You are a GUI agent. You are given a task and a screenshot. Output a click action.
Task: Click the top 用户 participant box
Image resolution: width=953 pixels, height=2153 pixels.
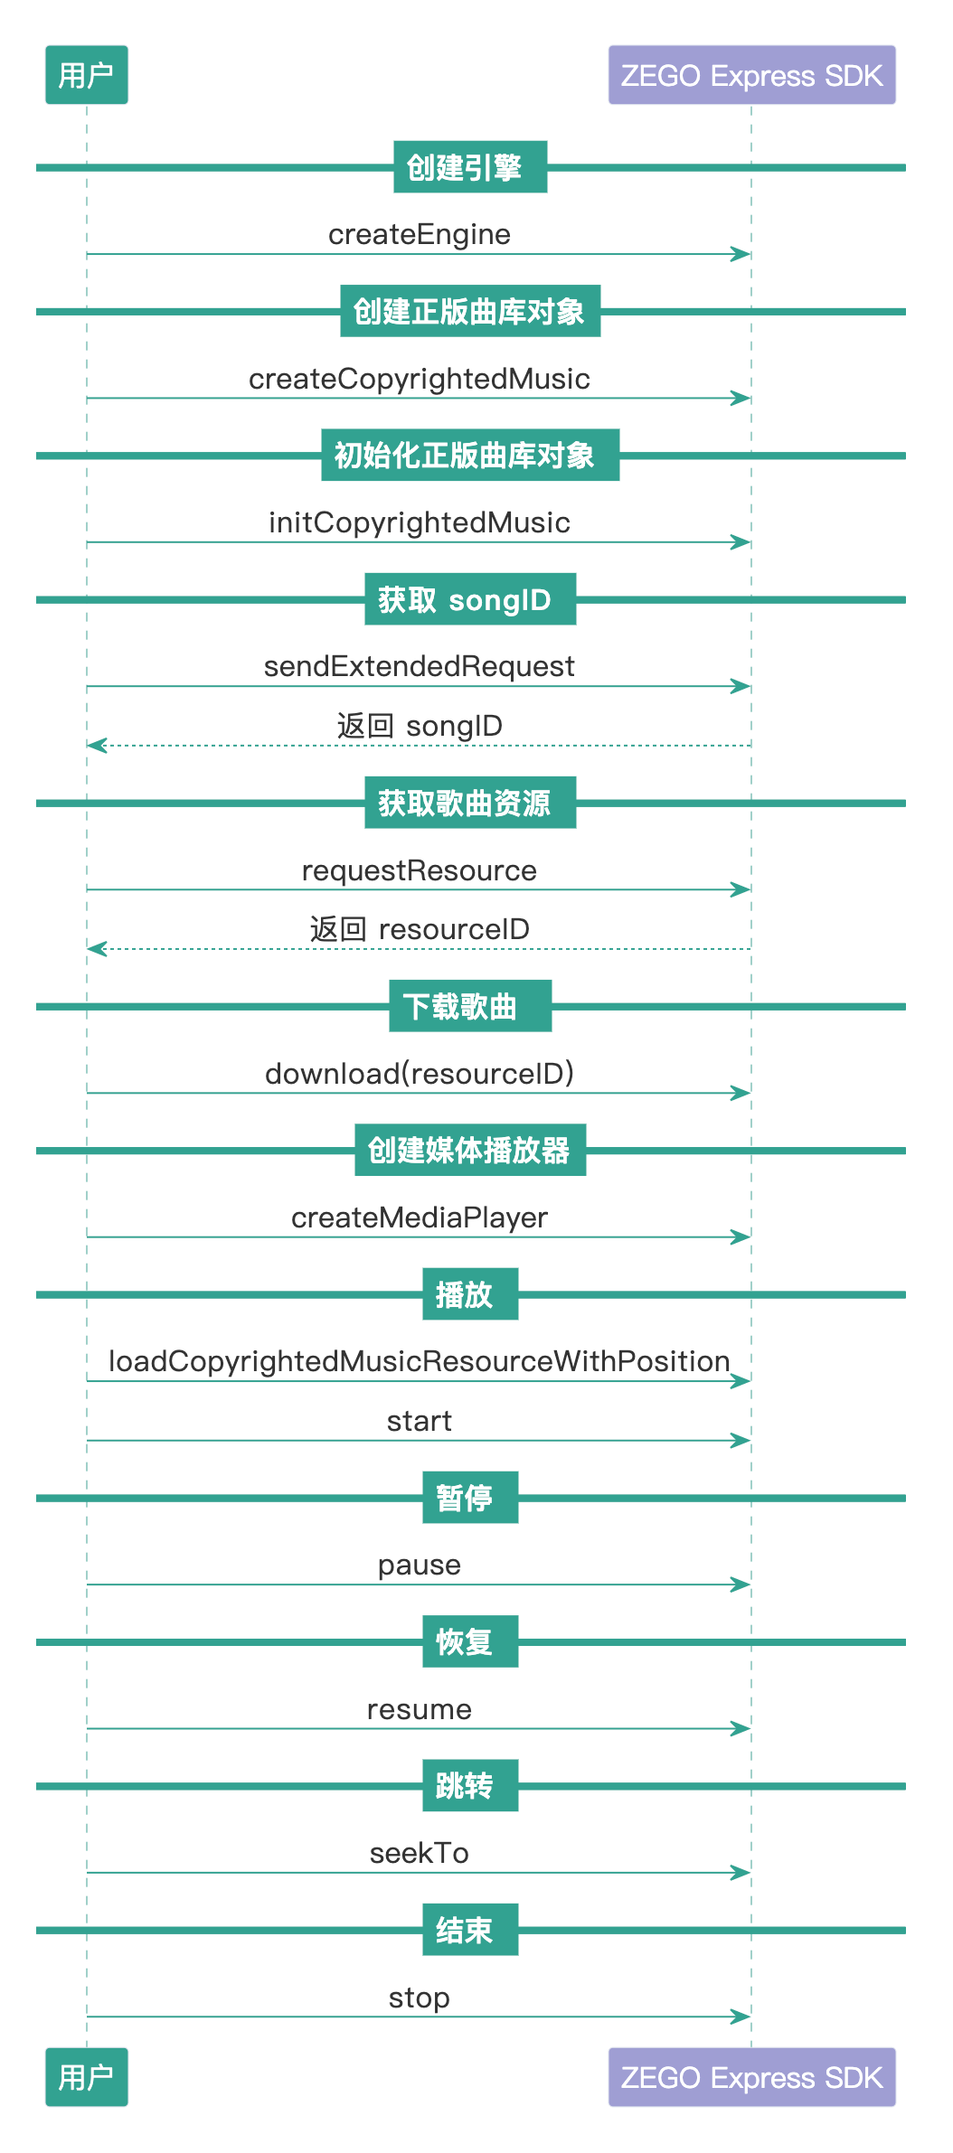pos(87,75)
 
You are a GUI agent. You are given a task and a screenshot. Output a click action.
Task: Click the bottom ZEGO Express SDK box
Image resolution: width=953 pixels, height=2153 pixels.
pos(751,2077)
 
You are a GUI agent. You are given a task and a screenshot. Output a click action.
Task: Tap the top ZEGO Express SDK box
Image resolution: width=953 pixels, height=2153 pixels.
pos(751,75)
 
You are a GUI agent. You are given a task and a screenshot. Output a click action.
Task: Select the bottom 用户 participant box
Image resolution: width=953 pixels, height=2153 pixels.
pos(87,2077)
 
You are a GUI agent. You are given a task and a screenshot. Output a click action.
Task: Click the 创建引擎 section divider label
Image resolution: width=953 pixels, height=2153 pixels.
pos(470,167)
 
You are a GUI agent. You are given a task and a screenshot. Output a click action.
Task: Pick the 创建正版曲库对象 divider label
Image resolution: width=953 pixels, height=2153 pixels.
pos(470,311)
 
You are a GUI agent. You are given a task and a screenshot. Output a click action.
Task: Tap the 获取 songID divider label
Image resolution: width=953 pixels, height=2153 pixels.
pos(470,599)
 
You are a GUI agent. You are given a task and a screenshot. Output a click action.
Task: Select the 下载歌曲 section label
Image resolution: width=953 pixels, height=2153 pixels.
pos(470,1006)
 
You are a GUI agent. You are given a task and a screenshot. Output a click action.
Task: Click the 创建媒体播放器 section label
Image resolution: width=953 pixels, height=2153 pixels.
pos(470,1150)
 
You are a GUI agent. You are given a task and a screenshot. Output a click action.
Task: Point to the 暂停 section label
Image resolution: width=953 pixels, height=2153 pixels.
pos(470,1498)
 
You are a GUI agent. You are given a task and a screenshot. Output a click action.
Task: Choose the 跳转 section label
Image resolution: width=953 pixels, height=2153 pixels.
pos(470,1785)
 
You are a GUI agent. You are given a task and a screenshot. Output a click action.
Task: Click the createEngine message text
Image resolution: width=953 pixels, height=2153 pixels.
pos(420,235)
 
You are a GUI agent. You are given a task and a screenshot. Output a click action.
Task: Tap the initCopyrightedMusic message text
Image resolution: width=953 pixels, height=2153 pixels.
pos(420,522)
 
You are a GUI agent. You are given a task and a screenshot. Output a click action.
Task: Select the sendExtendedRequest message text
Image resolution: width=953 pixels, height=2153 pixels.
pos(420,666)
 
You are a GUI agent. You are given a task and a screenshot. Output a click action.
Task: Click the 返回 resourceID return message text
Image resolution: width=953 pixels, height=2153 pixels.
pos(420,929)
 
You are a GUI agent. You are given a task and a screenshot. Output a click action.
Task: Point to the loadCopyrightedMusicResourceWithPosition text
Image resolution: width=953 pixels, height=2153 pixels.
pos(420,1361)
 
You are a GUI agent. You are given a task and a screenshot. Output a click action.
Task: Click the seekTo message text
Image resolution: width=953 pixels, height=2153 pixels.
pos(420,1853)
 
